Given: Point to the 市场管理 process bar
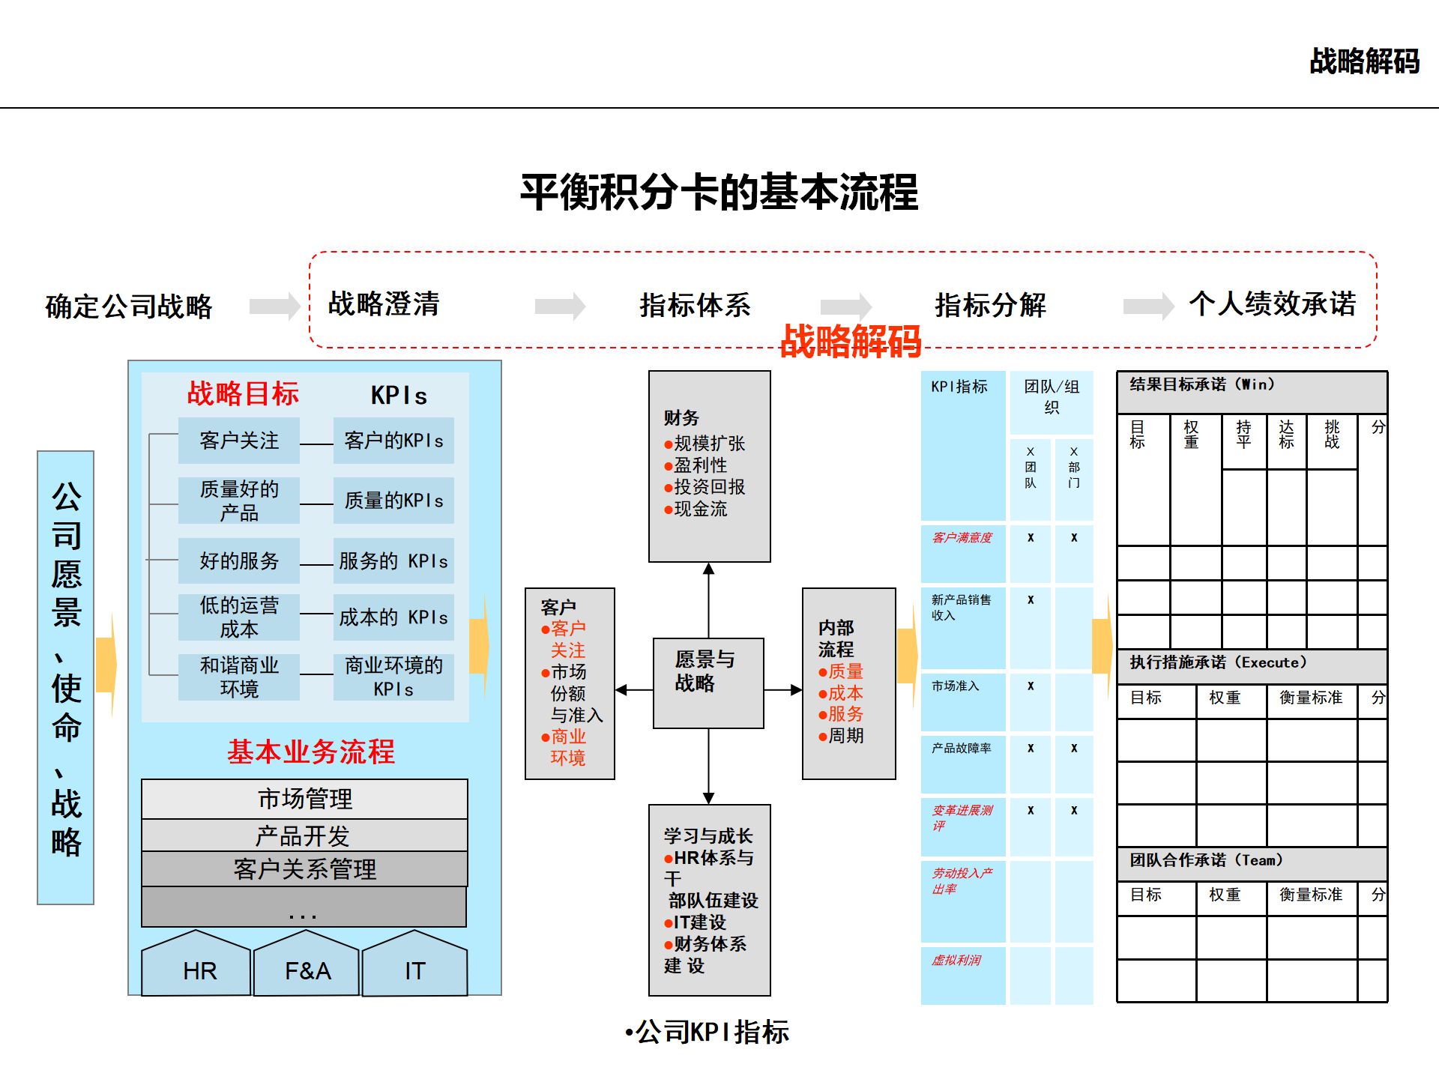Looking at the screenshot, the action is pos(304,799).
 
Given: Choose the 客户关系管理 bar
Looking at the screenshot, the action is pos(304,869).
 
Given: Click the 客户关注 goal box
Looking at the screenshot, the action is pos(239,441).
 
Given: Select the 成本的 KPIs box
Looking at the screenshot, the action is pos(393,617).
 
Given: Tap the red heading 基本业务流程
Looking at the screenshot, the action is pos(311,752).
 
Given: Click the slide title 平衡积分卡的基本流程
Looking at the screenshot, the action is pos(719,192).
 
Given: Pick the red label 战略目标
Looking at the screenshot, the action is pos(243,393).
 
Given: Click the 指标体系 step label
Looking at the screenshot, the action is pos(695,305).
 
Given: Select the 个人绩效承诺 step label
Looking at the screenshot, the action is pos(1273,303).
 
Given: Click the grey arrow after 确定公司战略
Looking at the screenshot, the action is pos(274,306).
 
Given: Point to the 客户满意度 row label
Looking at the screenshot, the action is pos(962,537).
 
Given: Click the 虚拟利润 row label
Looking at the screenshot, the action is pos(956,960).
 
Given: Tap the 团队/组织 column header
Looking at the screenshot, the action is pos(1052,396).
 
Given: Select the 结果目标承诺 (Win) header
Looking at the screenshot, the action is pos(1202,384).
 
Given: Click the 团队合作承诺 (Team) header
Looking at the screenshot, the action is pos(1207,860).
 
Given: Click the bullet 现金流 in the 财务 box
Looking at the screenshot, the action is pos(700,509).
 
